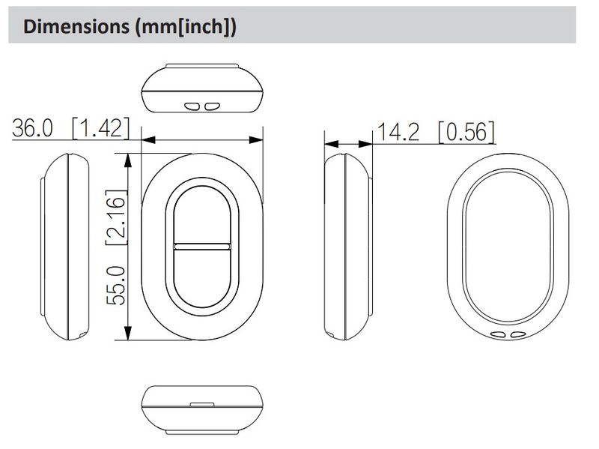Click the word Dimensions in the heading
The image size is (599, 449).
[x=76, y=26]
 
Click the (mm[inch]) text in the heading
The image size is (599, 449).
[x=186, y=27]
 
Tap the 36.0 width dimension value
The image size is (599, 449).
[x=32, y=127]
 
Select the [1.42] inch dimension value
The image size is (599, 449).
[x=101, y=127]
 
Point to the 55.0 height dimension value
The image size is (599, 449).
[x=116, y=286]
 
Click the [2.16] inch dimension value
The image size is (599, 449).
[x=116, y=217]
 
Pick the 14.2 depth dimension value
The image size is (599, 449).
[x=398, y=132]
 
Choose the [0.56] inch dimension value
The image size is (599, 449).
[x=466, y=132]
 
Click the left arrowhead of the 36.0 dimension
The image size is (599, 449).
[x=148, y=140]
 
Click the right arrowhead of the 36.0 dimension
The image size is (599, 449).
[x=256, y=140]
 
